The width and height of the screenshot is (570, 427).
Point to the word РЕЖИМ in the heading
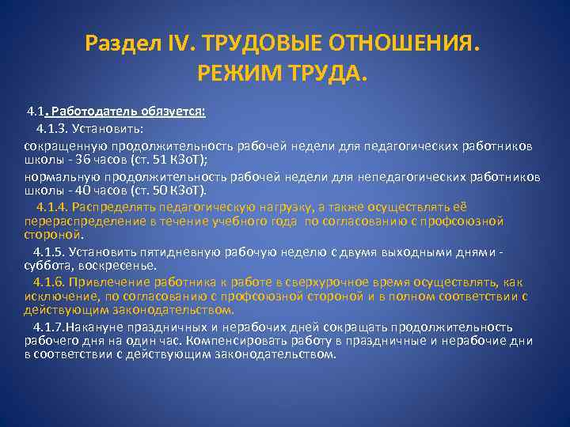point(235,75)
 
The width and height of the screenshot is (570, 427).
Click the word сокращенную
point(60,146)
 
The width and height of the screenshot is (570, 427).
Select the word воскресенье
point(112,265)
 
